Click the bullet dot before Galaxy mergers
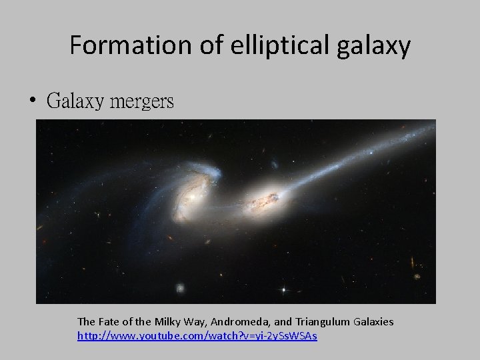(33, 102)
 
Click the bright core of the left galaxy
(193, 199)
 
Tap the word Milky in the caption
(167, 322)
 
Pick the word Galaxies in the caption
(372, 322)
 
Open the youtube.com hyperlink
(197, 335)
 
